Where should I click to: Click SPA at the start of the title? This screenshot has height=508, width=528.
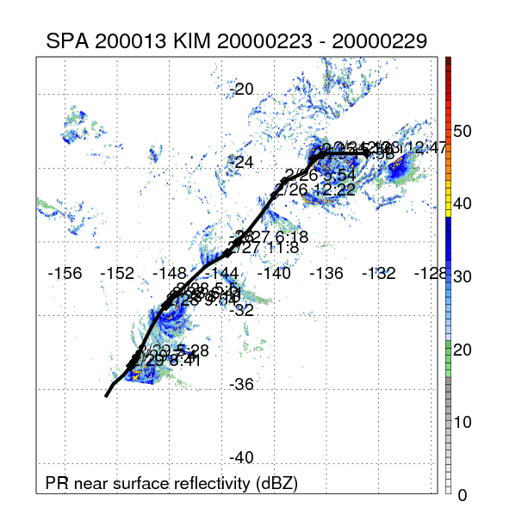coord(65,40)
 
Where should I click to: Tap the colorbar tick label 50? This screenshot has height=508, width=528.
coord(463,131)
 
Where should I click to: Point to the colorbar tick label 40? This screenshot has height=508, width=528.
coord(463,204)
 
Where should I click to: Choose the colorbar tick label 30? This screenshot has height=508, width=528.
coord(463,277)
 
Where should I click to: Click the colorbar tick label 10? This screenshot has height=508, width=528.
coord(463,423)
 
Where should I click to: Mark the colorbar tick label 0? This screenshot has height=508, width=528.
coord(463,495)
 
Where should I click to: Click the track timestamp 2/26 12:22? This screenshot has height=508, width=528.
coord(314,189)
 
